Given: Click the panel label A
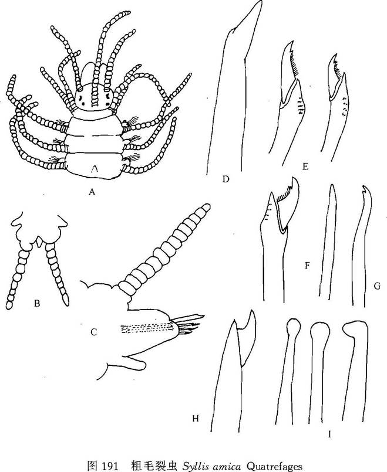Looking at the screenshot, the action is (x=92, y=192).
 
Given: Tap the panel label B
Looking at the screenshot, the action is (x=37, y=304).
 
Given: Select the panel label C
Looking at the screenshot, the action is (x=93, y=332).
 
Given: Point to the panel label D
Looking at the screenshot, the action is (x=226, y=179).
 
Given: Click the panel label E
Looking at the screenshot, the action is (x=305, y=167).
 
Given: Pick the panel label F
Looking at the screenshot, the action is (x=307, y=266).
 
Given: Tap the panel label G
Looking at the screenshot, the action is (x=377, y=286).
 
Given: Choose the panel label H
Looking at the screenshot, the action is (x=196, y=418).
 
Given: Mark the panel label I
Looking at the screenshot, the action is (x=329, y=434).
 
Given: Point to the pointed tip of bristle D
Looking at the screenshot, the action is (x=260, y=2).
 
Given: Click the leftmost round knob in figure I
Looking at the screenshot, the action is (x=292, y=325).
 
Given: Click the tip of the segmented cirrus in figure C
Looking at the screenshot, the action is (x=206, y=208).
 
